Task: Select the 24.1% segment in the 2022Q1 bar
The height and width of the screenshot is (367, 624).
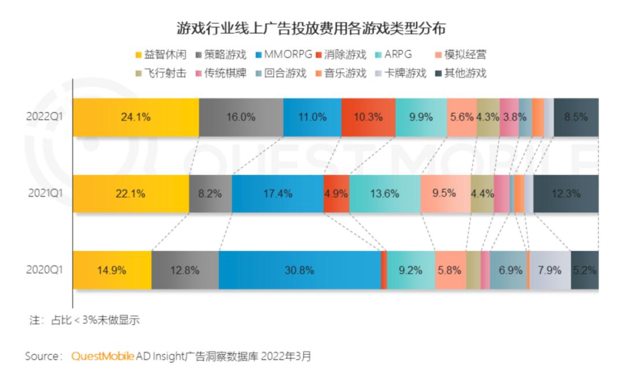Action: coord(136,117)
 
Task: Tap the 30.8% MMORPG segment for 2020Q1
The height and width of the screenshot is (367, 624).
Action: coord(299,270)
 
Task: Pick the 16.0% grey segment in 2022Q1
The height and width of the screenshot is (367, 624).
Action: coord(241,117)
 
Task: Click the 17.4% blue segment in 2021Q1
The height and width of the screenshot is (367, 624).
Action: coord(277,193)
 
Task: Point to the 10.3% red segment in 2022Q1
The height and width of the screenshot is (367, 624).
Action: coord(368,117)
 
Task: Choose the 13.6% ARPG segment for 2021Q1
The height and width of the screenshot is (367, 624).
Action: coord(384,193)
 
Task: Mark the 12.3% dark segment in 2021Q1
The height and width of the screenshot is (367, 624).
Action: coord(565,193)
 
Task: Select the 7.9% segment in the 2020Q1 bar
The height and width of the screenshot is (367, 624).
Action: coord(549,270)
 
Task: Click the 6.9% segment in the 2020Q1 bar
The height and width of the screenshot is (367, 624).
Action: coord(510,270)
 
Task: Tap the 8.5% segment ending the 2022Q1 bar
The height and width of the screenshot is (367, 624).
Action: coord(575,117)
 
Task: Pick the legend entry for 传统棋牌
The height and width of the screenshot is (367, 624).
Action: coord(225,73)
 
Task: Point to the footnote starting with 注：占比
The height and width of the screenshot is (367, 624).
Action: coord(84,320)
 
